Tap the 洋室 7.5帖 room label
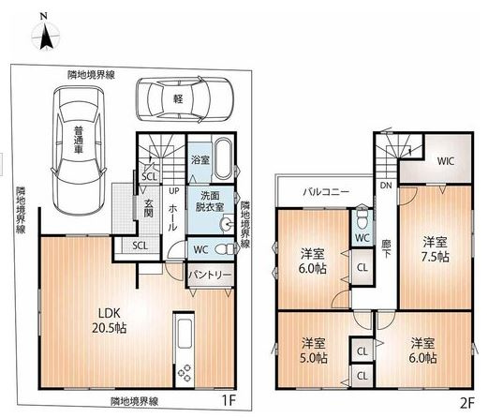[x=432, y=248]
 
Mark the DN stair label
[x=384, y=186]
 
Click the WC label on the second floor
[x=362, y=237]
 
